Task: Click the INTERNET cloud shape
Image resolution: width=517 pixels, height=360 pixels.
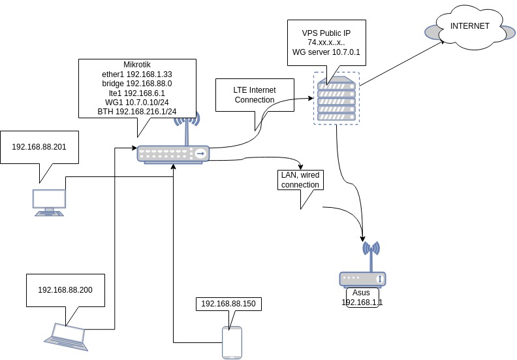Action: point(467,27)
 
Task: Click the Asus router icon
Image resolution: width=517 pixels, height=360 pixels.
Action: point(364,278)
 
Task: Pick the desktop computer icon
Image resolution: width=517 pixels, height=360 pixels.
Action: point(50,202)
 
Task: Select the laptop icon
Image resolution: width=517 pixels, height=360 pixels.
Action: point(65,333)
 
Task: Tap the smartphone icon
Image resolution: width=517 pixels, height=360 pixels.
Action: point(232,342)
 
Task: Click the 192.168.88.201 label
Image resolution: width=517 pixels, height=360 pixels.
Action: point(39,146)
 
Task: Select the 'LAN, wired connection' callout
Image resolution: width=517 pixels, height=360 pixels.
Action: point(300,180)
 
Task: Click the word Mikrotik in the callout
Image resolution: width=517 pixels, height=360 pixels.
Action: point(137,65)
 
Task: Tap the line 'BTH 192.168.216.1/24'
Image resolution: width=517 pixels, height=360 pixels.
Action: point(137,112)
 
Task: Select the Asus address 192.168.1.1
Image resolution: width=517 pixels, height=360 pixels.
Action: point(362,303)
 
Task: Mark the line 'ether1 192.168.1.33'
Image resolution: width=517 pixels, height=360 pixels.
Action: point(137,74)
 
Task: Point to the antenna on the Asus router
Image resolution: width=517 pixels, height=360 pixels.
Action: point(371,255)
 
